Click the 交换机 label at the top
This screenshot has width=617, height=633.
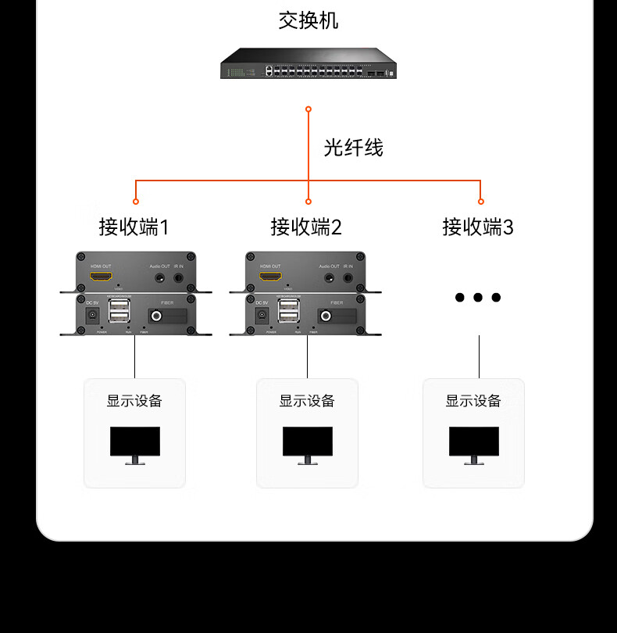pos(308,20)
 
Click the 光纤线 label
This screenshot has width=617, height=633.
pos(354,147)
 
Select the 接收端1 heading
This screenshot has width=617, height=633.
pos(134,227)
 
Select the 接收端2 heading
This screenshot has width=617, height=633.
pos(306,227)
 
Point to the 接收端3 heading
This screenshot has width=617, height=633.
pos(478,227)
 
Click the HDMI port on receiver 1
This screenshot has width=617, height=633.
pos(101,276)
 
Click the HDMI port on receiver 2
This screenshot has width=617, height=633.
pos(270,276)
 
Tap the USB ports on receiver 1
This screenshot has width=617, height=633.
pos(120,310)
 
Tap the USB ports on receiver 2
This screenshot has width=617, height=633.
pos(290,310)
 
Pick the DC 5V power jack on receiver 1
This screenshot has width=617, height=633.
pos(92,315)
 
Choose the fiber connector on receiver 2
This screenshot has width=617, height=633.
pos(324,316)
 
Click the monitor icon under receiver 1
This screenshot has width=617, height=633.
pos(135,445)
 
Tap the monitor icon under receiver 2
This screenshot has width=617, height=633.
pos(308,445)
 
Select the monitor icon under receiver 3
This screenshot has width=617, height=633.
pos(474,445)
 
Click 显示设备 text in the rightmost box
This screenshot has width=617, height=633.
pos(473,401)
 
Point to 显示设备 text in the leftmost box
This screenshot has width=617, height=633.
pos(134,401)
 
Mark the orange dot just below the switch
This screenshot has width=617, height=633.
pos(308,109)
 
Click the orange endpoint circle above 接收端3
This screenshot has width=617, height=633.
pos(480,202)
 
